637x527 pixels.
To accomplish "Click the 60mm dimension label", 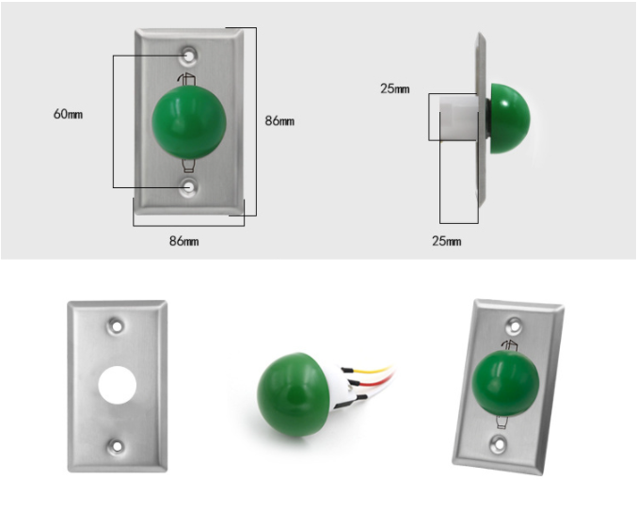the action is (68, 114).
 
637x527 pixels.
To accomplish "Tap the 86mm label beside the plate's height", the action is (279, 120).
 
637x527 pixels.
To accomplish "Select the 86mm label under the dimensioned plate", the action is (184, 241).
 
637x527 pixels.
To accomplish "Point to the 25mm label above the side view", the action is (395, 88).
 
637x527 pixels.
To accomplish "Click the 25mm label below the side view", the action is (447, 241).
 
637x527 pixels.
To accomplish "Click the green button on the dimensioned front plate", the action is (189, 122).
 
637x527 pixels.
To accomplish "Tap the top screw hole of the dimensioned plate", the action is (188, 55).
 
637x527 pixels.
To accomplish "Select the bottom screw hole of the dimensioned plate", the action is (188, 187).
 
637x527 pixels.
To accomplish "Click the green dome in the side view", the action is (509, 119).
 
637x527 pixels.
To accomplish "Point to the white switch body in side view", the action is (459, 119).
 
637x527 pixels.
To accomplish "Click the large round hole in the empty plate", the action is (118, 385).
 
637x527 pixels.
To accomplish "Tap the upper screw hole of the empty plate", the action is (117, 327).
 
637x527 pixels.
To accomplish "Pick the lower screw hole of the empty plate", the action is (117, 446).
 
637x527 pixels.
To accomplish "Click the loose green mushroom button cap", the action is (291, 394).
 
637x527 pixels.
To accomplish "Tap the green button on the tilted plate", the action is (505, 383).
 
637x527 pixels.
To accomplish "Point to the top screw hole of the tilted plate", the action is (515, 326).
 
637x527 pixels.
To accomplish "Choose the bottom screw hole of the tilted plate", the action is (498, 443).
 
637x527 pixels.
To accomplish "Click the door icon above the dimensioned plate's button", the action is (187, 79).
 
